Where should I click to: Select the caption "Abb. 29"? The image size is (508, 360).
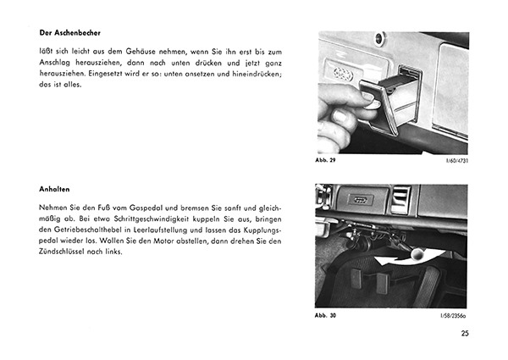point(328,161)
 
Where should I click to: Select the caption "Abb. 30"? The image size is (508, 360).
point(328,314)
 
